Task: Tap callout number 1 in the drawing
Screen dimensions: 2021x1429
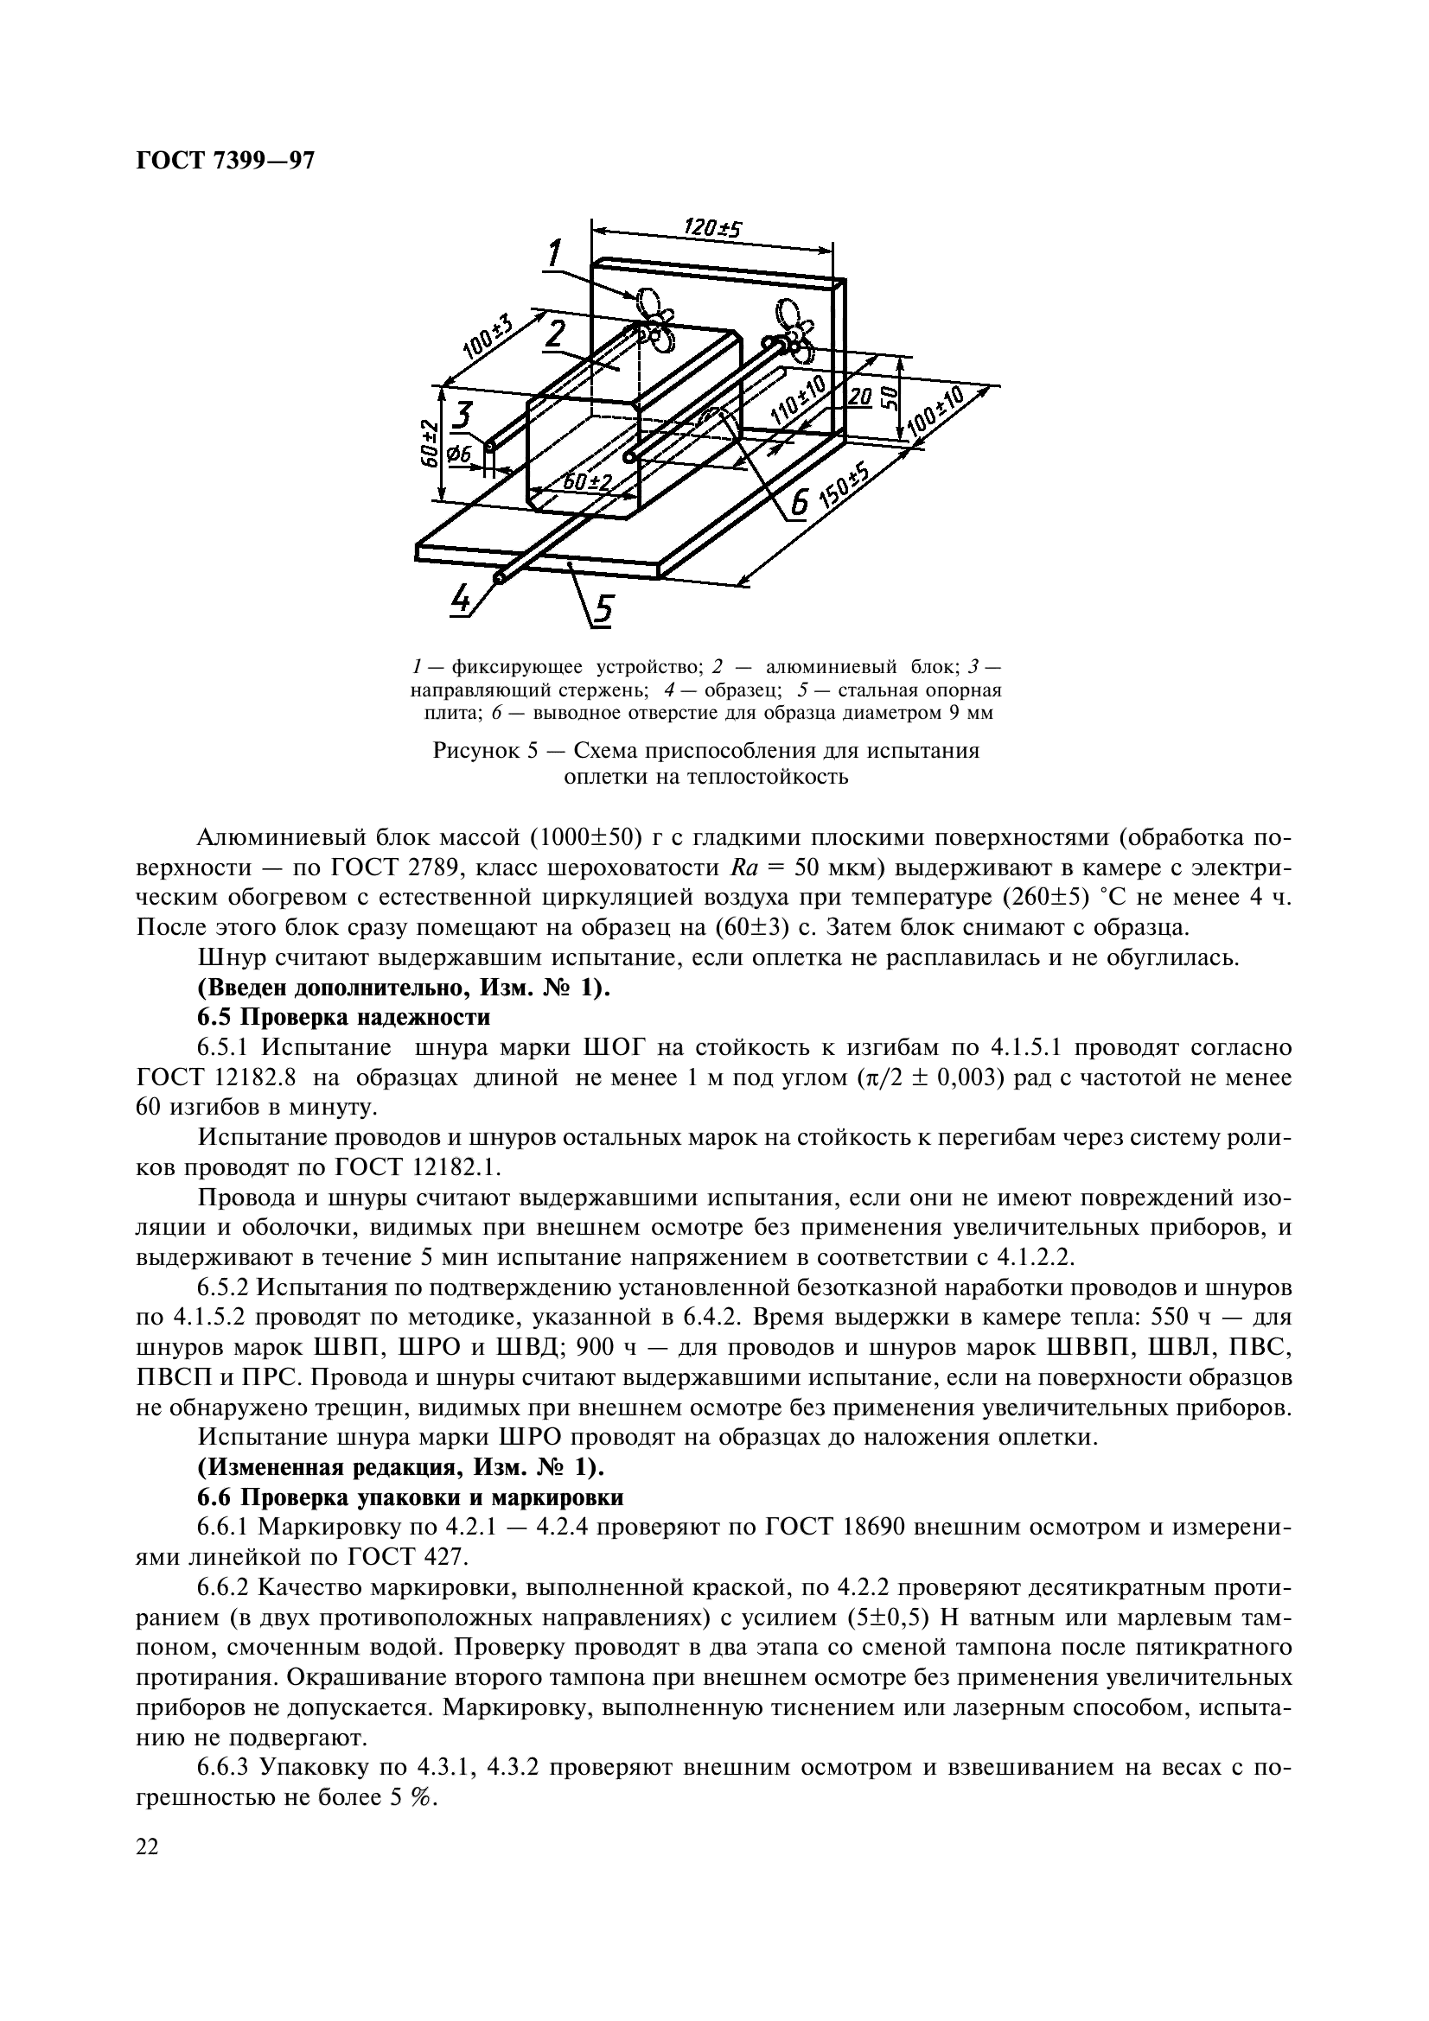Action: [554, 254]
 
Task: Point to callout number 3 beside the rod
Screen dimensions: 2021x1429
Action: [463, 416]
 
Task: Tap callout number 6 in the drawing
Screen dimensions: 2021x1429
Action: [798, 503]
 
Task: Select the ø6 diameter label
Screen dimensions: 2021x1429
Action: [458, 455]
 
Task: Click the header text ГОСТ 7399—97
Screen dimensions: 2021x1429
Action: [226, 161]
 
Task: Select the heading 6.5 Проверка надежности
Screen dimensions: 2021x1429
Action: [343, 1018]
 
